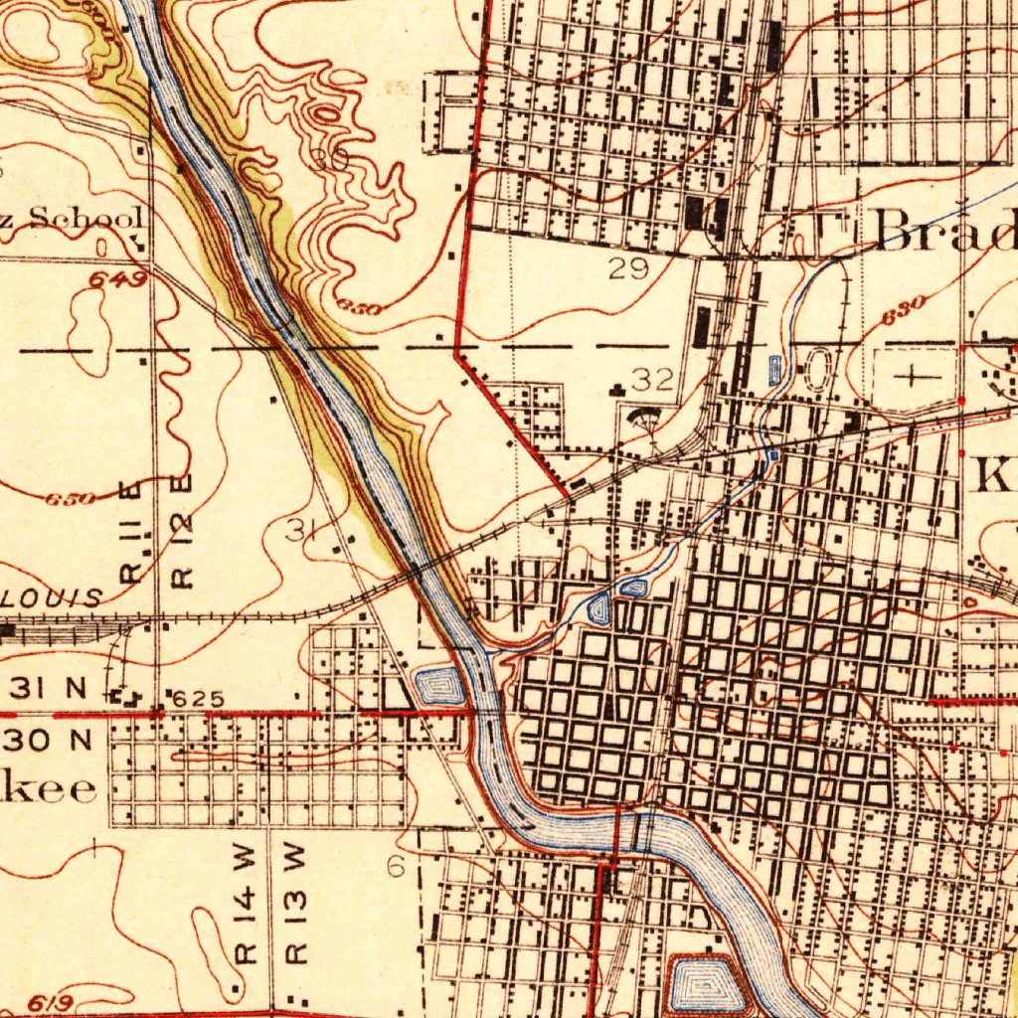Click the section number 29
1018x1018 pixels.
click(630, 267)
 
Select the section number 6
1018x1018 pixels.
click(396, 867)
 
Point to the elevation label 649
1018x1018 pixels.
click(118, 279)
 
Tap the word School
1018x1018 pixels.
click(87, 218)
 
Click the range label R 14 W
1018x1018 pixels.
click(246, 905)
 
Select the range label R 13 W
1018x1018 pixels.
click(295, 905)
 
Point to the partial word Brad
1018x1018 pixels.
click(945, 233)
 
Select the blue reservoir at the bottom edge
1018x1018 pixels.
click(705, 985)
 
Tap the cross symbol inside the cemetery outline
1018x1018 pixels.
click(912, 377)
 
